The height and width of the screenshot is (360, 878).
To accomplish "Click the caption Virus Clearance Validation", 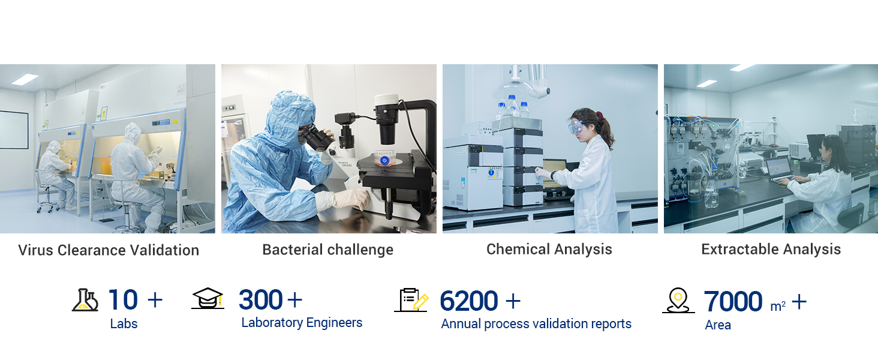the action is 109,250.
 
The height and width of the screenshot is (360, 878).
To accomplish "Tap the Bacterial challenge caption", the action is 327,250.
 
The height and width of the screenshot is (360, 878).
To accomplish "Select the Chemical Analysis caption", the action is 549,250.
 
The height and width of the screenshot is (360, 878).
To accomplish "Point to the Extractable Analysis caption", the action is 771,250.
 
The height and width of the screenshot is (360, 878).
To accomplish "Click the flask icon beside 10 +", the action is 85,301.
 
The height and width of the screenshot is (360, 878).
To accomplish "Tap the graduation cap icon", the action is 208,298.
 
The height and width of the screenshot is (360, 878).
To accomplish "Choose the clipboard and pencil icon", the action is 411,300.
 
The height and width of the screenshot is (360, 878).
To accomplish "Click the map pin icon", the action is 678,301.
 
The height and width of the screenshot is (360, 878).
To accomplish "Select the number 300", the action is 261,299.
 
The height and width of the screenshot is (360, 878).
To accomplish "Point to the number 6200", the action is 469,301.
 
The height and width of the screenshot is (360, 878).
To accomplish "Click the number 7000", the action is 733,302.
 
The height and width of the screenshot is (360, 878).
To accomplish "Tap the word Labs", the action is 124,324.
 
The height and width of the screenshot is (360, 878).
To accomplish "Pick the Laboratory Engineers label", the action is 302,323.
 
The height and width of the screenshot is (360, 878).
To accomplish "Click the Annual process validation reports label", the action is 536,324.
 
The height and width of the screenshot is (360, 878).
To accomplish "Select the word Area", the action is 718,325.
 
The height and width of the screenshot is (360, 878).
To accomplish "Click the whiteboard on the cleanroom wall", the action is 14,130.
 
